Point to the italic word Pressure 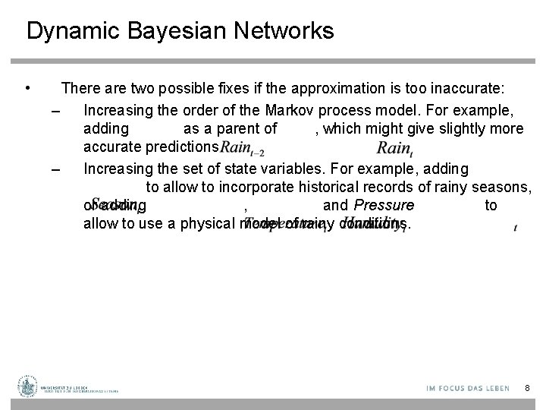coord(384,206)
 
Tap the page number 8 coord(527,388)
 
